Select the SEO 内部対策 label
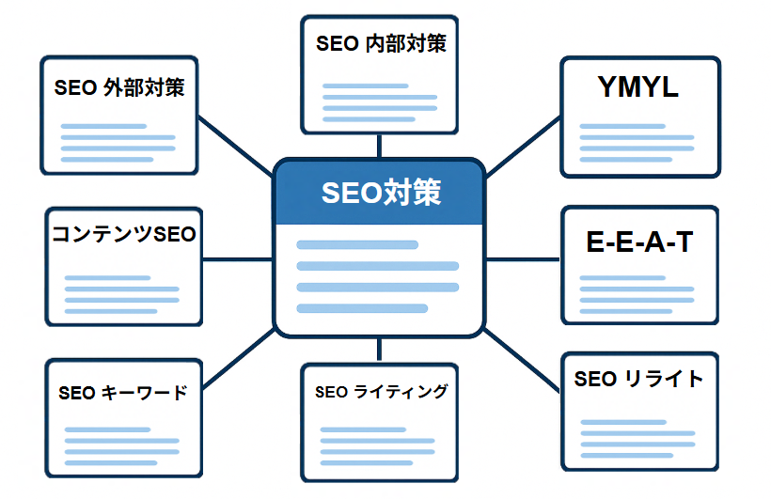click(380, 43)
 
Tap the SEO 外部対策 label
click(119, 88)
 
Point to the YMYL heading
click(637, 87)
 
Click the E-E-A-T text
click(638, 242)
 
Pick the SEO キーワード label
click(122, 393)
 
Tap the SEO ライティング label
click(381, 391)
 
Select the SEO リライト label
click(638, 379)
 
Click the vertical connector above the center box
click(379, 146)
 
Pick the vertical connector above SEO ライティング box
click(379, 350)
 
